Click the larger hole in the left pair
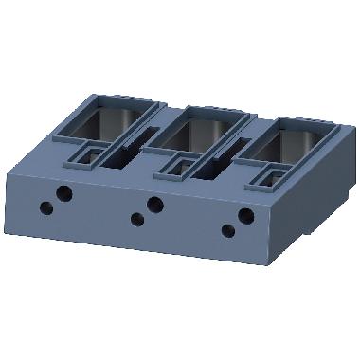click(x=64, y=193)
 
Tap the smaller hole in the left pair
click(x=46, y=207)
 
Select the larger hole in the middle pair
click(x=155, y=205)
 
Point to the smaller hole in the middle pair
click(x=137, y=220)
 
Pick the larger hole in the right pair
click(x=245, y=216)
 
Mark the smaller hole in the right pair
click(x=227, y=230)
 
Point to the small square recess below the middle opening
click(x=177, y=166)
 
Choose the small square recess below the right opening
click(x=269, y=178)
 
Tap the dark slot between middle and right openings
click(x=216, y=163)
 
